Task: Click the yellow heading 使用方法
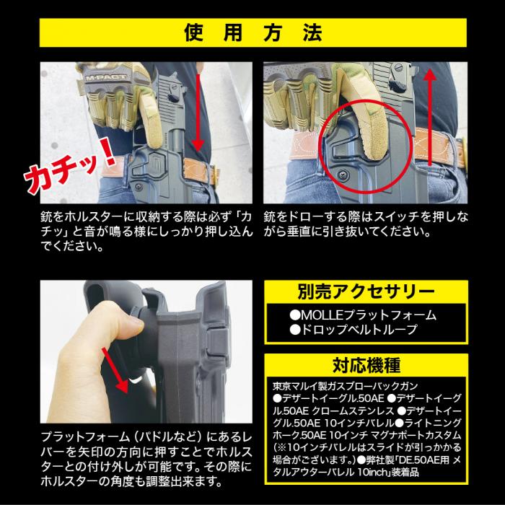[252, 34]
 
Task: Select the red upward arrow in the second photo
[431, 115]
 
